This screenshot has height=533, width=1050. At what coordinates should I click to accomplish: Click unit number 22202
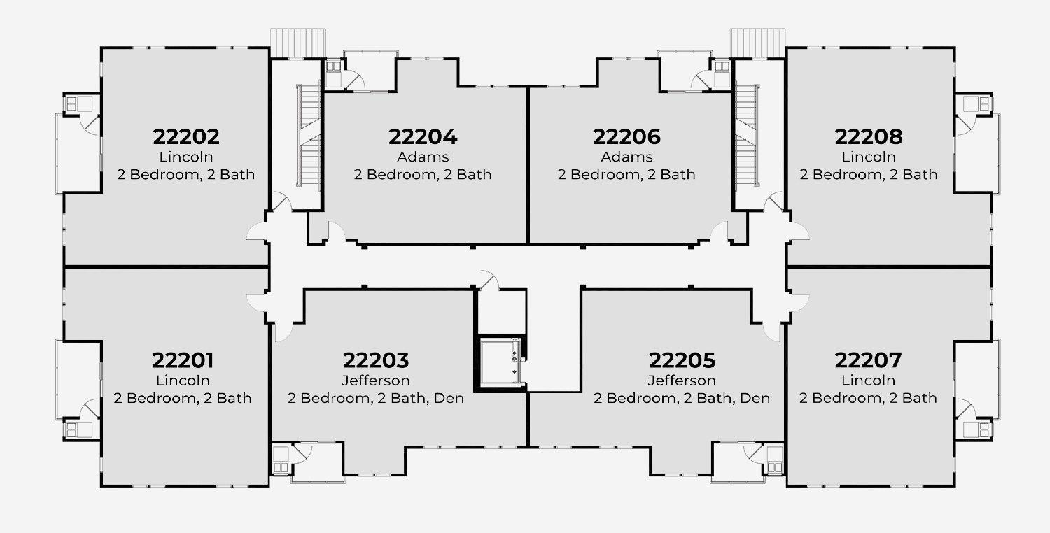coord(185,136)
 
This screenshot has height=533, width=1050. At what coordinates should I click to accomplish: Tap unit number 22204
coord(423,136)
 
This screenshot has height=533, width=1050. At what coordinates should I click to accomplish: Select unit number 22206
coord(626,136)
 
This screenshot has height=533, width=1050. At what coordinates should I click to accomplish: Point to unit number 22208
coord(869,136)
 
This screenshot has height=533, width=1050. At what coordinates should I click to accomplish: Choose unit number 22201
coord(183,361)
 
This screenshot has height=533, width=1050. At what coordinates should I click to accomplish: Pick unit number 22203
coord(375,361)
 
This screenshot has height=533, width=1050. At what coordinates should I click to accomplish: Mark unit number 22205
coord(682,361)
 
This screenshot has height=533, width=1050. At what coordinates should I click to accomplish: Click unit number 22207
coord(868,361)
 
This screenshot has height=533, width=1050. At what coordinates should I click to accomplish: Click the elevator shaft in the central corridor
coord(502,362)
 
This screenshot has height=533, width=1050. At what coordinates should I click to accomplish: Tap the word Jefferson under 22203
coord(375,381)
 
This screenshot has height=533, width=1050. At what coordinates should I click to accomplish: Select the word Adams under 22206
coord(626,157)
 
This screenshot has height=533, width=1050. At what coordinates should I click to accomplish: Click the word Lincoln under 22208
coord(869,157)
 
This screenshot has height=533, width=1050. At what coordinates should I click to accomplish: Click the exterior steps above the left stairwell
coord(299,41)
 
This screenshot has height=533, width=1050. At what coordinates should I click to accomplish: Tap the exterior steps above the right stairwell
coord(757,41)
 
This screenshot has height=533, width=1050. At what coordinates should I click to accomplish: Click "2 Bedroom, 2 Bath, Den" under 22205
coord(682,398)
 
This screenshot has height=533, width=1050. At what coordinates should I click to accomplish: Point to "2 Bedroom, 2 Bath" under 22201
coord(183,398)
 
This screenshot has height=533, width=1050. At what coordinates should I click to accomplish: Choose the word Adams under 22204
coord(423,157)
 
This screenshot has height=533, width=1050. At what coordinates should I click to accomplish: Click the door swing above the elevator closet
coord(489,279)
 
